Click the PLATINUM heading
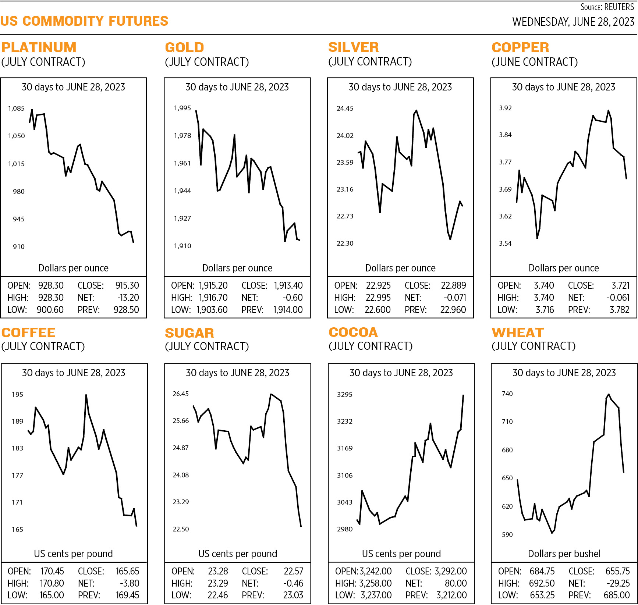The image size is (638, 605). (39, 47)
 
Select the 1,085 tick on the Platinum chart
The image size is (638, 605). (16, 108)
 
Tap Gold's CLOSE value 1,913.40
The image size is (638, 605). (288, 285)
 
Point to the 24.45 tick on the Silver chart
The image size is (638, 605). (345, 108)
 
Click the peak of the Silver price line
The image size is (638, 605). (416, 110)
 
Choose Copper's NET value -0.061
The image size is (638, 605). (618, 298)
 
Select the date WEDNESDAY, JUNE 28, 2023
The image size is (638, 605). (573, 22)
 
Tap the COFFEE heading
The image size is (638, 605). (29, 332)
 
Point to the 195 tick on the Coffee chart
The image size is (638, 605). (17, 395)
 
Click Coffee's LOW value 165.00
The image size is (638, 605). (52, 595)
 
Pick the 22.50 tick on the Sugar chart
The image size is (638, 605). (181, 529)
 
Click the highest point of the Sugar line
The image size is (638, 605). (271, 394)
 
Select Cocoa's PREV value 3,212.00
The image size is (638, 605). (451, 595)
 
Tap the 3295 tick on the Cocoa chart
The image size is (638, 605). (345, 395)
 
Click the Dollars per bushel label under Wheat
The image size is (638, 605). (564, 554)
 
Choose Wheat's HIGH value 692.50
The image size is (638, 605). (542, 583)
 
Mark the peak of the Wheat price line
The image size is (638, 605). (609, 395)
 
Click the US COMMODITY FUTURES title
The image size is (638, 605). (84, 21)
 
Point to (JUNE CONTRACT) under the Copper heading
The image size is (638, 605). (535, 62)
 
